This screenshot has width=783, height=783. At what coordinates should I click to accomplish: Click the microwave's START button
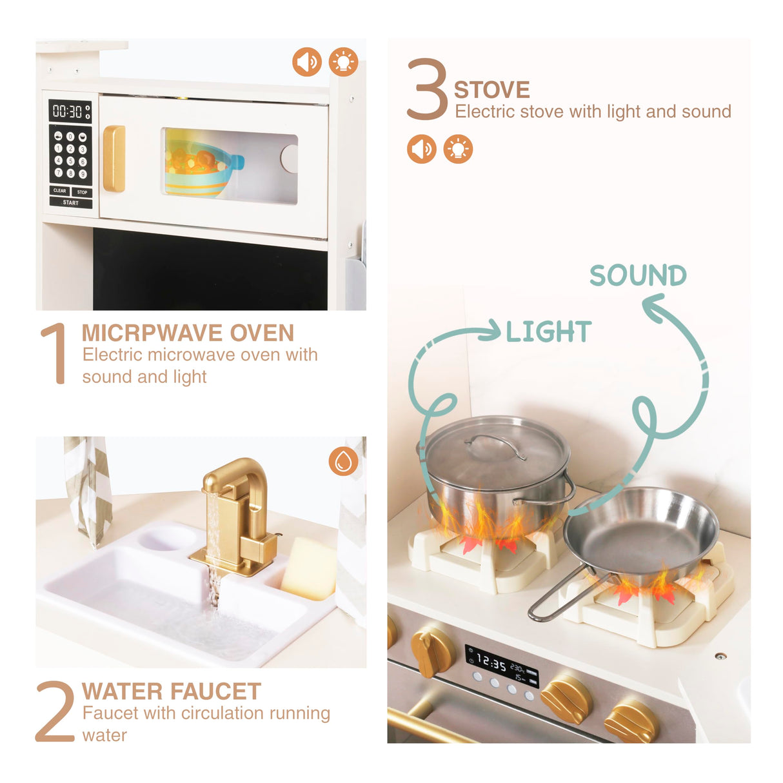(x=70, y=203)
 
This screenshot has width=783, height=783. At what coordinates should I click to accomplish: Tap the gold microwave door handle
(x=114, y=159)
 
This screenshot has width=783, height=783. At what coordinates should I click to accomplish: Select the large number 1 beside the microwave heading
(x=54, y=353)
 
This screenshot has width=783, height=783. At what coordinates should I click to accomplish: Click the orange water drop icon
(x=343, y=461)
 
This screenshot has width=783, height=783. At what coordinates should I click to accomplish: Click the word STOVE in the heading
(x=491, y=90)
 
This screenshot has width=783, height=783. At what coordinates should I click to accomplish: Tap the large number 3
(x=427, y=89)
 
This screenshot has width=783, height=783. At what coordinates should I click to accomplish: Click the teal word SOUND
(x=638, y=275)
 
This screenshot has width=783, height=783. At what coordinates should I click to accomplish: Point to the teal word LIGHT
(x=548, y=332)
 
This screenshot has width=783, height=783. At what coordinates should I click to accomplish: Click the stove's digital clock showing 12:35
(x=491, y=662)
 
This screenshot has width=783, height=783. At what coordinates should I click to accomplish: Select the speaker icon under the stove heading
(x=421, y=149)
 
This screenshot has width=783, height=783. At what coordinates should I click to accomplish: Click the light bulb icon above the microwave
(x=343, y=63)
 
